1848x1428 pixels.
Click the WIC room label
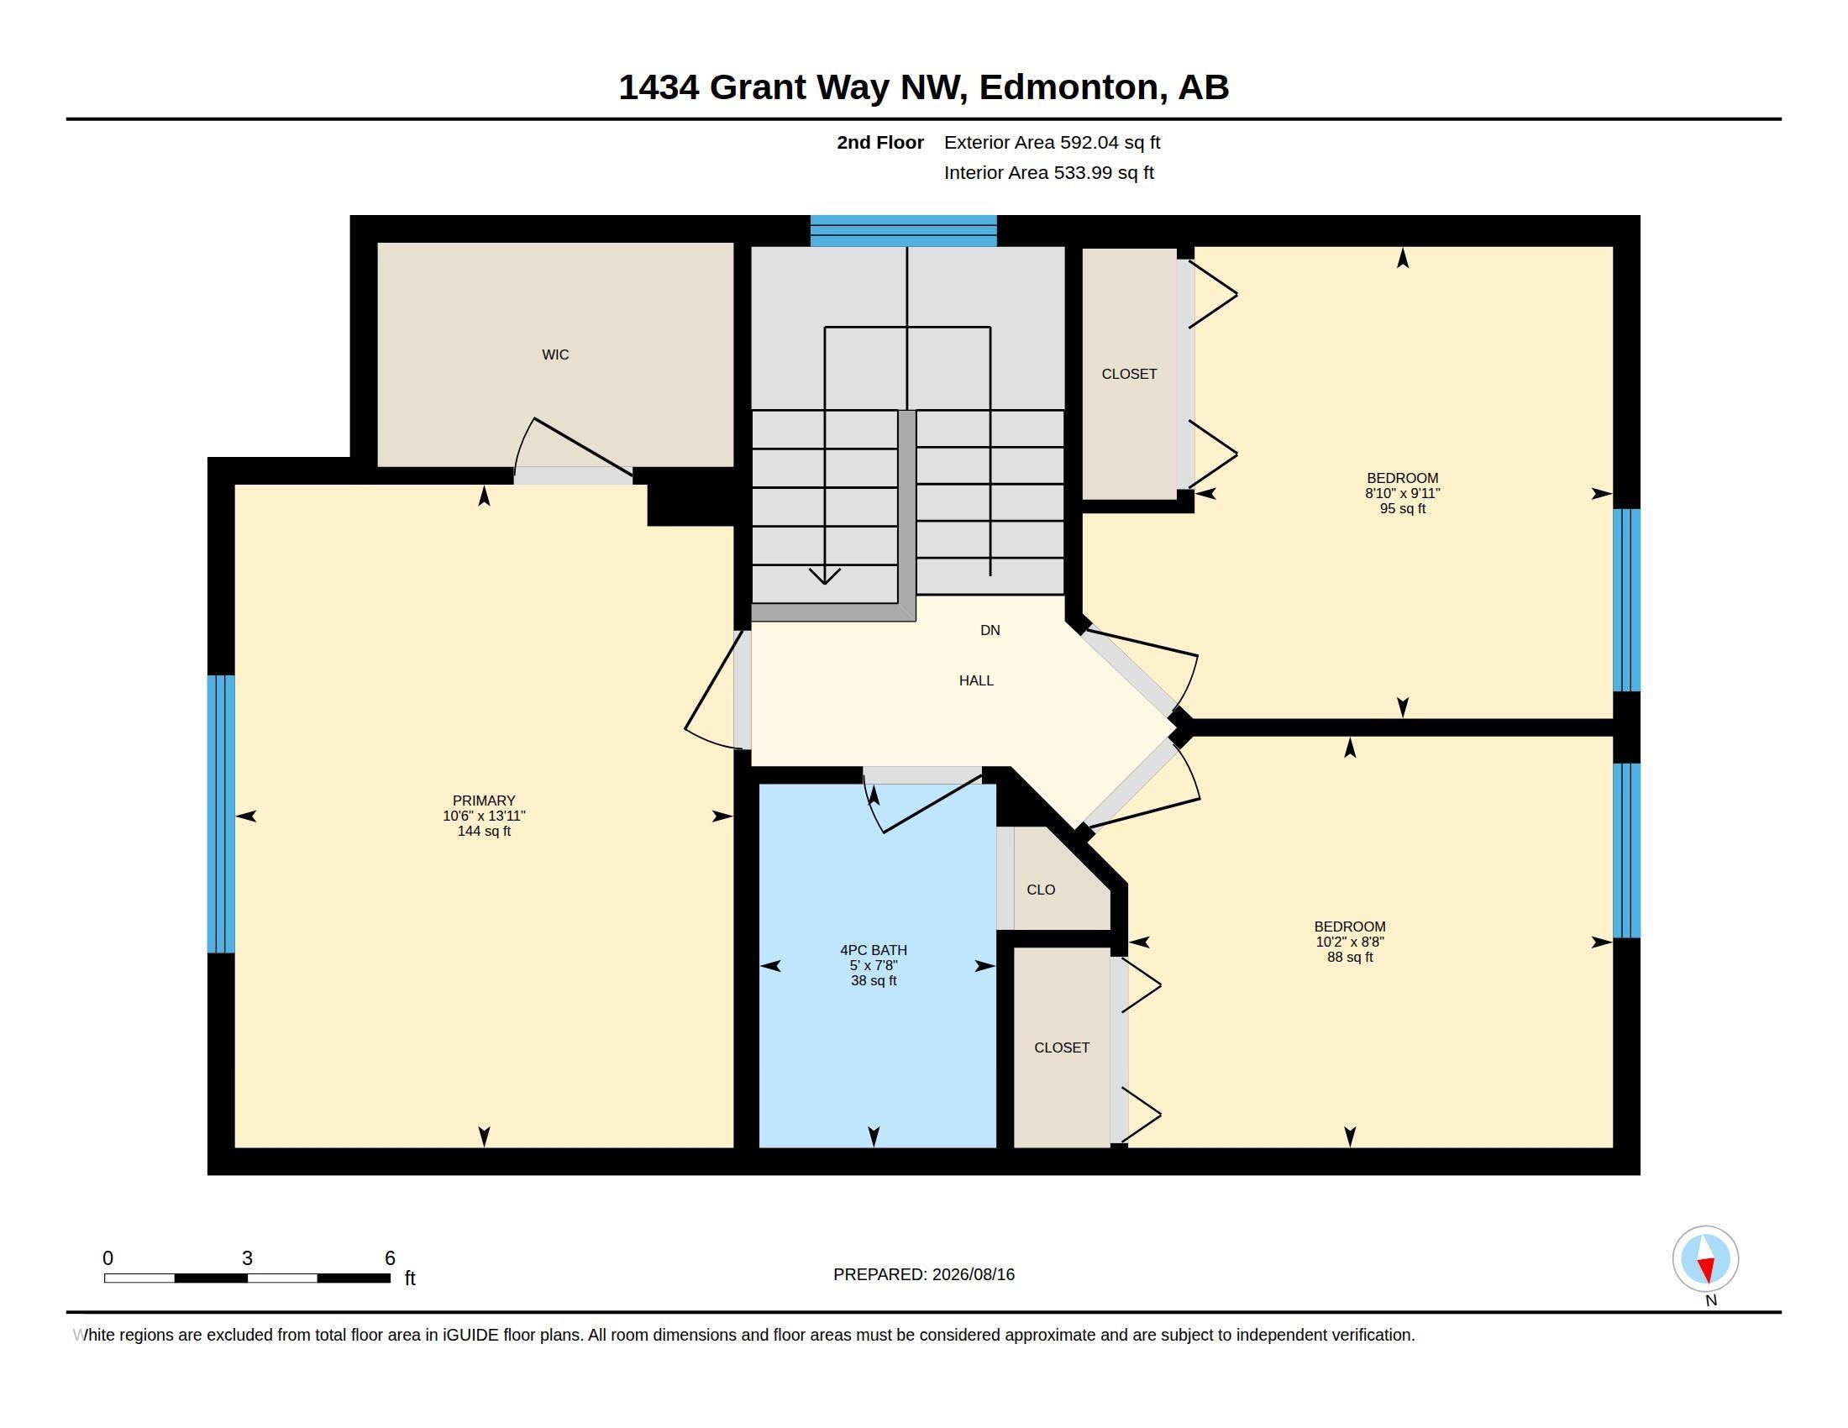[x=555, y=354]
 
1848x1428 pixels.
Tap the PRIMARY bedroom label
[x=484, y=801]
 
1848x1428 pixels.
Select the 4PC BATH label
[x=874, y=950]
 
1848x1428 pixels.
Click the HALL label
[x=975, y=680]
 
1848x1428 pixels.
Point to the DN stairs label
[x=990, y=630]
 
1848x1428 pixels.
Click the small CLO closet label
[x=1041, y=890]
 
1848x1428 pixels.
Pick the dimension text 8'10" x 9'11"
[x=1402, y=493]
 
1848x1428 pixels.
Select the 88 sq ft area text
[x=1350, y=957]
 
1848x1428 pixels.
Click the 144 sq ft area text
[x=484, y=831]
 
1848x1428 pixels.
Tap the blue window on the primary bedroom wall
[x=221, y=814]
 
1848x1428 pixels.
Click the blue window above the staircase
[x=904, y=231]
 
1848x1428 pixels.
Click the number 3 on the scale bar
[x=247, y=1258]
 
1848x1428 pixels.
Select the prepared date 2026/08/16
[x=973, y=1274]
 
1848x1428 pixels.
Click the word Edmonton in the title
[x=1068, y=87]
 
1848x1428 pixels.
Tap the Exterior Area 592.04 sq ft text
[x=1052, y=143]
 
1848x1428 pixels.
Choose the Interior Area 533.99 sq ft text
[x=1048, y=172]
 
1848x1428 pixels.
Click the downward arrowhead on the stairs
[x=824, y=576]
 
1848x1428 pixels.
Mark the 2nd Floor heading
[x=880, y=143]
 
